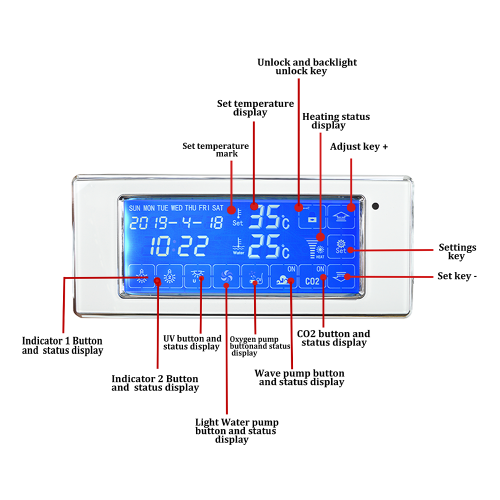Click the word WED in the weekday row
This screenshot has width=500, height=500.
pyautogui.click(x=176, y=208)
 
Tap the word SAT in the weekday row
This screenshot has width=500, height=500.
pyautogui.click(x=217, y=208)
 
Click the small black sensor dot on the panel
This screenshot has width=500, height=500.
pyautogui.click(x=375, y=206)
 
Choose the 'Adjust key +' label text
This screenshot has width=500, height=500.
pyautogui.click(x=359, y=147)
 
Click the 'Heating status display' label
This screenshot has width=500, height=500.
pyautogui.click(x=336, y=120)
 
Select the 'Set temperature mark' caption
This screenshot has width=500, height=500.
pyautogui.click(x=215, y=149)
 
